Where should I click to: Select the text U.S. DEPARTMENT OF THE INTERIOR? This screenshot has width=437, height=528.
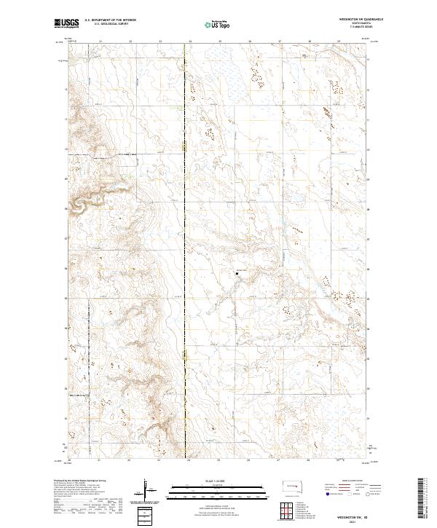point(110,21)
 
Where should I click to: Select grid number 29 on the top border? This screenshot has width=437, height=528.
point(339,42)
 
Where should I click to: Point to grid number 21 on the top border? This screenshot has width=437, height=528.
point(100,42)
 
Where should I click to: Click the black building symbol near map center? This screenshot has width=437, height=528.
point(236,273)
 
